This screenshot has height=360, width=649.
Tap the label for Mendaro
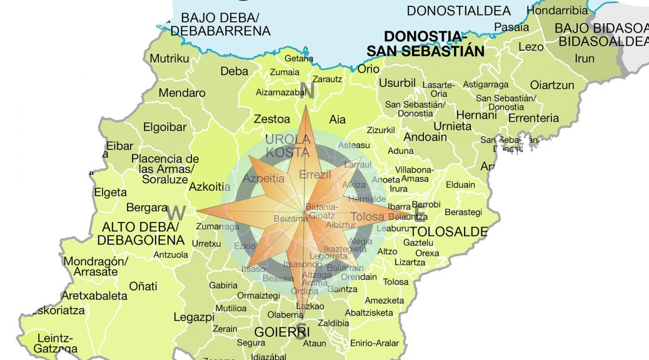pyautogui.click(x=181, y=92)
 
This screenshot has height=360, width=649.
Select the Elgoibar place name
pyautogui.click(x=165, y=127)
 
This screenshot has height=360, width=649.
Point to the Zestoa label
pyautogui.click(x=272, y=118)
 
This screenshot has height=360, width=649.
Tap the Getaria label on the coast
pyautogui.click(x=299, y=58)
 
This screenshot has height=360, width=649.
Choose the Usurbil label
pyautogui.click(x=397, y=83)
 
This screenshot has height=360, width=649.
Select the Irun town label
pyautogui.click(x=585, y=58)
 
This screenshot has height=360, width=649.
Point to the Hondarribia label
pyautogui.click(x=557, y=10)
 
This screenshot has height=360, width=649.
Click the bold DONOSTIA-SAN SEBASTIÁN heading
pyautogui.click(x=425, y=43)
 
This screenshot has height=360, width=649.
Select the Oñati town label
pyautogui.click(x=143, y=286)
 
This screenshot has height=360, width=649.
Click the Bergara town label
pyautogui.click(x=147, y=207)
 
